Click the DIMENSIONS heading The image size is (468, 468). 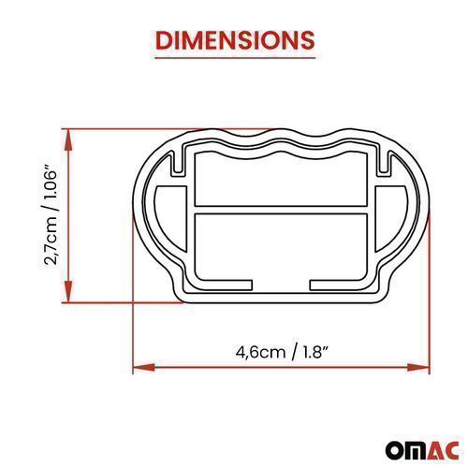235,40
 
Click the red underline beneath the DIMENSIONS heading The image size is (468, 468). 235,58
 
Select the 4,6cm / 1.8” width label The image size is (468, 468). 282,353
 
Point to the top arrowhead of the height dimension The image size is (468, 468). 68,139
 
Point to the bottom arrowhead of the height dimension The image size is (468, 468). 68,291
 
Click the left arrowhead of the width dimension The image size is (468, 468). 144,368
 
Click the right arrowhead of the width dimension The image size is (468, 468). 418,368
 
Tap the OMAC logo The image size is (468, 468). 422,450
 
